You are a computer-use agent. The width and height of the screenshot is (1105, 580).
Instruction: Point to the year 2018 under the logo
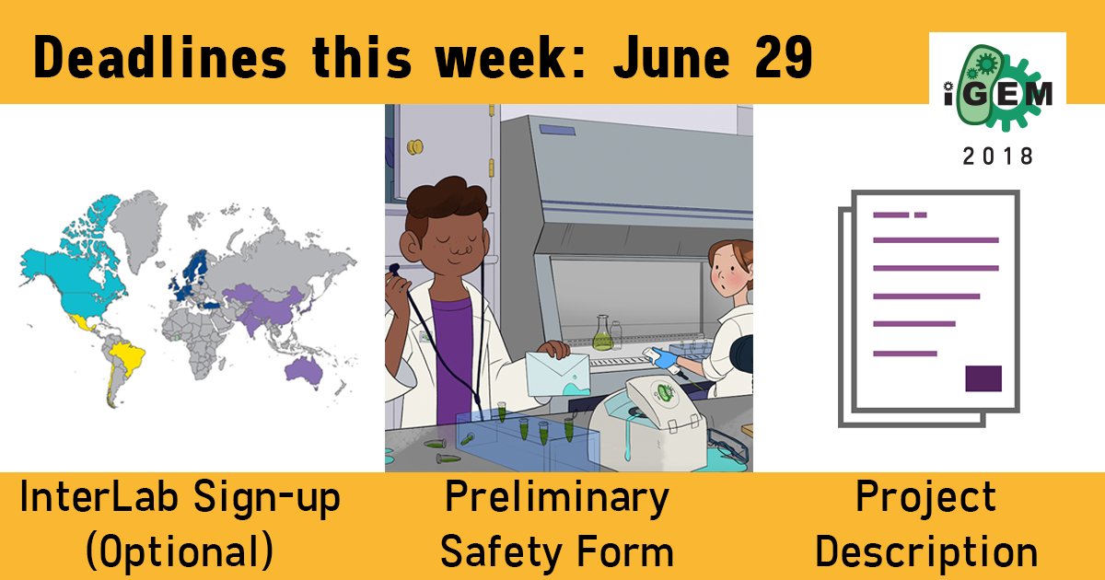click(x=998, y=157)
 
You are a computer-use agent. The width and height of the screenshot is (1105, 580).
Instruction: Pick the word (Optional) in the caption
click(x=179, y=551)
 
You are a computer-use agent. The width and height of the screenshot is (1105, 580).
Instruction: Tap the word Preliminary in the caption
click(x=557, y=498)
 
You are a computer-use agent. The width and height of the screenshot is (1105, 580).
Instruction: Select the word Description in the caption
click(x=926, y=551)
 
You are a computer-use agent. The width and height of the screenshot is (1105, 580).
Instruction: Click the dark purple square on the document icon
click(x=983, y=378)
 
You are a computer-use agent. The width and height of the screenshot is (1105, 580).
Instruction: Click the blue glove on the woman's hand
click(x=665, y=360)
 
